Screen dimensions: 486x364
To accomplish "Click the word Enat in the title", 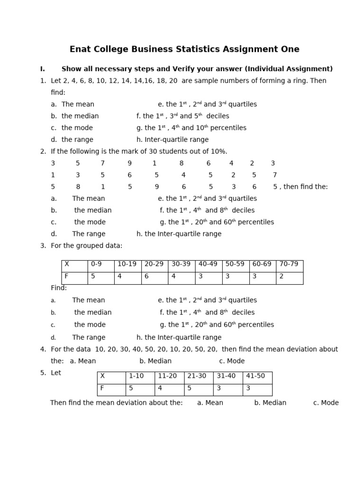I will [x=80, y=49].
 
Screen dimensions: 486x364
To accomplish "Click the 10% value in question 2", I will [x=218, y=151].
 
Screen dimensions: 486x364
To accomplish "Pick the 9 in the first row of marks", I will [x=129, y=163].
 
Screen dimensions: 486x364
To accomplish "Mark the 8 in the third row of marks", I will [x=78, y=187].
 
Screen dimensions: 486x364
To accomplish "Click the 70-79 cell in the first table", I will [x=289, y=264].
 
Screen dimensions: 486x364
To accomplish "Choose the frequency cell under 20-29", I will [x=155, y=277].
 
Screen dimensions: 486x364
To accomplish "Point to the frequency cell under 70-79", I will [x=289, y=277].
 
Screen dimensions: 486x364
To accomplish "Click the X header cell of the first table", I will [x=74, y=264].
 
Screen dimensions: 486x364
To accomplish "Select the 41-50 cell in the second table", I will [x=257, y=376].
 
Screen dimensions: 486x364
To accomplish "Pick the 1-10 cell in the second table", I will [x=140, y=376].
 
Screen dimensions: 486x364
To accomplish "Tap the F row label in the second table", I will [x=111, y=388].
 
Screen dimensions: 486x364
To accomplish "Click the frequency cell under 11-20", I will [x=169, y=388].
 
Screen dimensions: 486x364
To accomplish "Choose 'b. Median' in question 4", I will [x=155, y=361].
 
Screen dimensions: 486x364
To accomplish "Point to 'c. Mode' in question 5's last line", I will [x=326, y=403].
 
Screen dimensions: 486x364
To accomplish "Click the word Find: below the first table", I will [x=59, y=288].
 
